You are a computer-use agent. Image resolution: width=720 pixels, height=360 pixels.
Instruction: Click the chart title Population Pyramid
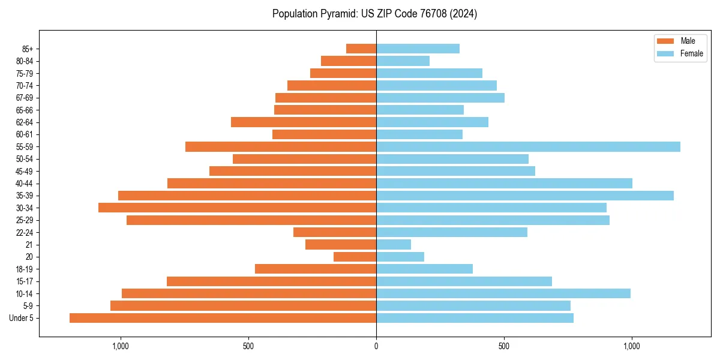coord(374,14)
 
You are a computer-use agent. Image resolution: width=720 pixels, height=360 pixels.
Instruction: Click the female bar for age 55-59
coord(528,146)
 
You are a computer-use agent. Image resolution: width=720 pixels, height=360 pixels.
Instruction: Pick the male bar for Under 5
coord(223,318)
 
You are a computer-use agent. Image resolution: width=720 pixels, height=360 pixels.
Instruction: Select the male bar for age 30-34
coord(237,208)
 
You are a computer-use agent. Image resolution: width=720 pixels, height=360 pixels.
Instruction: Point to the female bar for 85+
coord(418,49)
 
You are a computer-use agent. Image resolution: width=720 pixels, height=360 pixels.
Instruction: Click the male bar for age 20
coord(355,257)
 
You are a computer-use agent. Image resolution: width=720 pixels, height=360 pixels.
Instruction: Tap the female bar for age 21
coord(394,244)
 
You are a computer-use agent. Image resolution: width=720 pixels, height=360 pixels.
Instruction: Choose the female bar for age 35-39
coord(525,196)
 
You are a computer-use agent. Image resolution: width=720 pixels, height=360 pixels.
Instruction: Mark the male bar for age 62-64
coord(304,122)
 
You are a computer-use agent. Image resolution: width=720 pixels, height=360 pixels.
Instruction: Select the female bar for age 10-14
coord(503,293)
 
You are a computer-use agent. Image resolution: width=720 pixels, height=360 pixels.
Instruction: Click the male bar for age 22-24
coord(335,232)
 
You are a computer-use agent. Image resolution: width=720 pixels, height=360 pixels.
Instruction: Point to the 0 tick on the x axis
coord(376,346)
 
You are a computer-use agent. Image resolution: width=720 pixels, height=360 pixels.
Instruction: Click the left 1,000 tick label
coord(121,346)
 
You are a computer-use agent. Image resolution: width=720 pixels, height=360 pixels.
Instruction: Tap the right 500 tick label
coord(504,346)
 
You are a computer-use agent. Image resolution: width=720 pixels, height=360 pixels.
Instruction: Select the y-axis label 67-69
coord(24,98)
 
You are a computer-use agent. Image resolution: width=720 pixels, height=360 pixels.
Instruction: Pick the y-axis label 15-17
coord(24,281)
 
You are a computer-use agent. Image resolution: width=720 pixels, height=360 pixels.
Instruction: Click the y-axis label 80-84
coord(24,61)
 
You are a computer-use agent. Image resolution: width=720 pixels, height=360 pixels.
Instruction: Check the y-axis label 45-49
coord(24,171)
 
